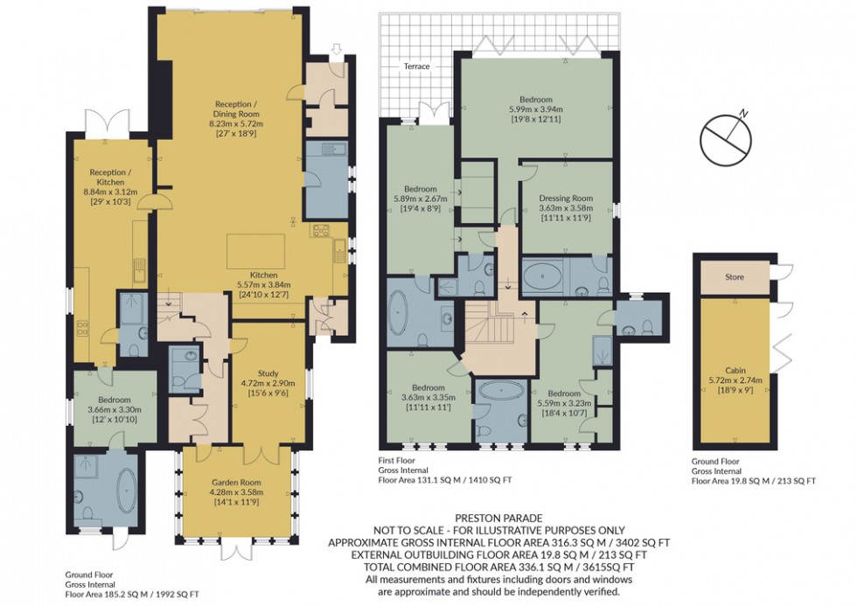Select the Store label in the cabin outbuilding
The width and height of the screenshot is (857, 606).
point(734,278)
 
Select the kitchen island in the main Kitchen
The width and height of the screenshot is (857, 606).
point(257,251)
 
